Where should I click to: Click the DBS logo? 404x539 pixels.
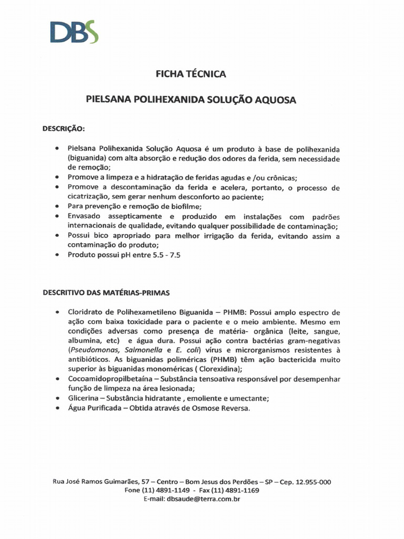tap(74, 32)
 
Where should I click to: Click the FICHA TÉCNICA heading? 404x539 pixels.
tap(191, 74)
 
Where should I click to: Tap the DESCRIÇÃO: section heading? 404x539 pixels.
tap(64, 128)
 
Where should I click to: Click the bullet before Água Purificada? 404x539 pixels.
tap(57, 408)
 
